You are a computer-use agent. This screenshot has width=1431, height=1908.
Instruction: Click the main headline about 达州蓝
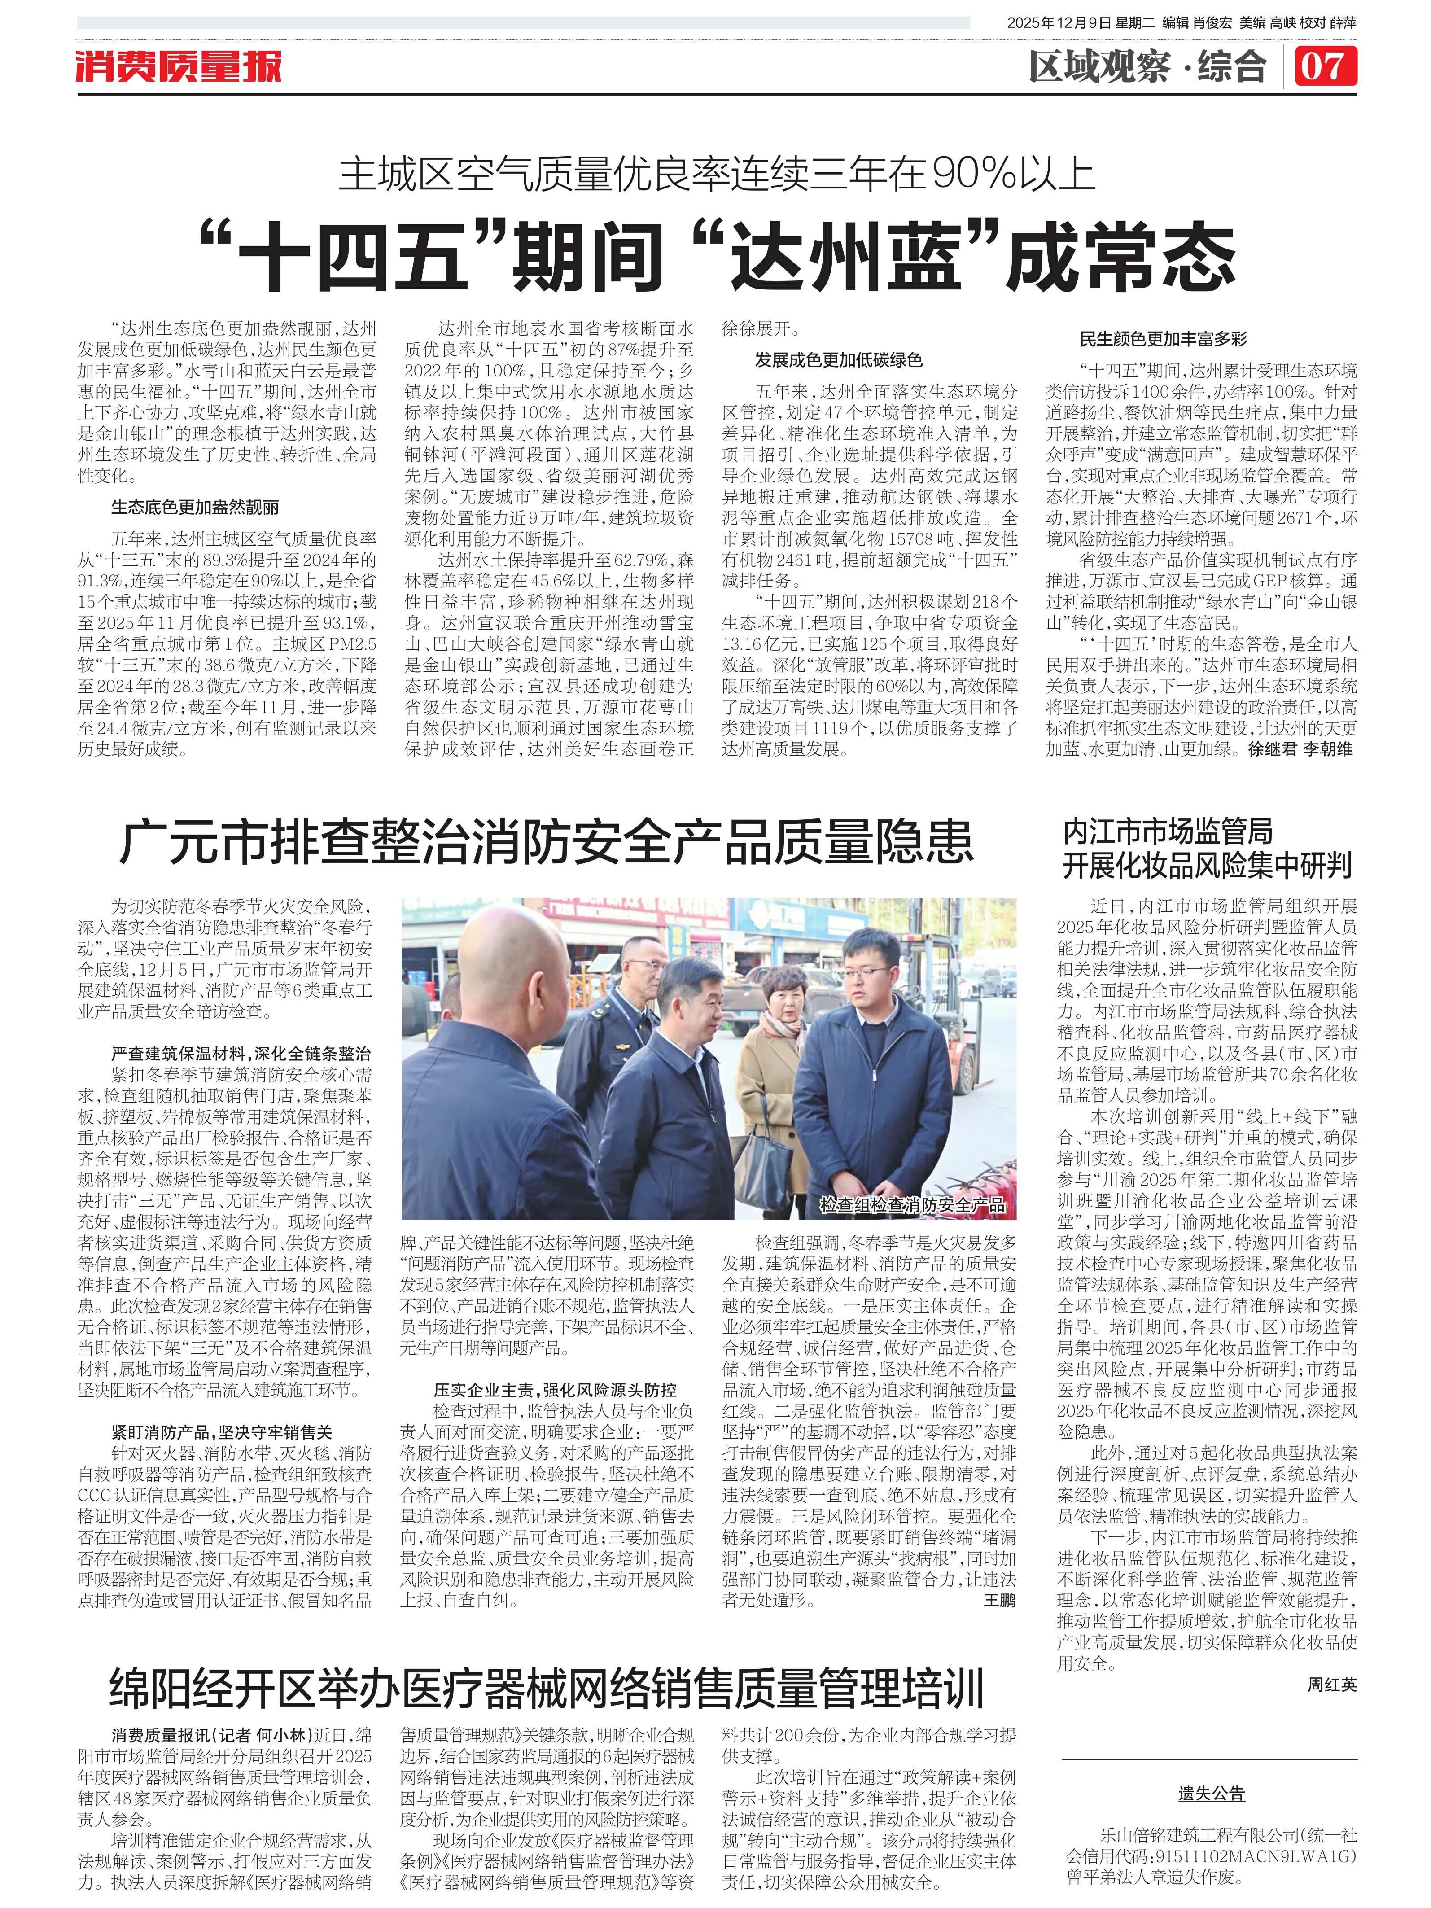point(716,256)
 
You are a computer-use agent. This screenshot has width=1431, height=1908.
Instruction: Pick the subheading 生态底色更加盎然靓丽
point(195,507)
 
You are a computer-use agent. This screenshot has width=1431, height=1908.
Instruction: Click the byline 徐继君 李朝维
point(1300,749)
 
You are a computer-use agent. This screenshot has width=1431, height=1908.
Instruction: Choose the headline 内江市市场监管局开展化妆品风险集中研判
point(1206,848)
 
